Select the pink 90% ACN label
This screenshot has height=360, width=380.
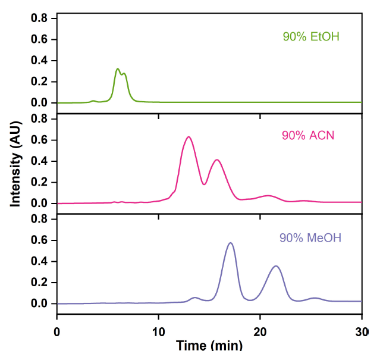(308, 136)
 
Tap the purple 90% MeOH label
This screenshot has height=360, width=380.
(310, 239)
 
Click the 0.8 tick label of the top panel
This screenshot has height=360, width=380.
(39, 18)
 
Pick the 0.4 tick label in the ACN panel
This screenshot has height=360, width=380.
(39, 161)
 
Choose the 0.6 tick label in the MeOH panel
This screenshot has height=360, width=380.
(39, 240)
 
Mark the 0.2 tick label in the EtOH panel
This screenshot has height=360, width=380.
(39, 82)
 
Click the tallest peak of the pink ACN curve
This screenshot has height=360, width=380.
(189, 137)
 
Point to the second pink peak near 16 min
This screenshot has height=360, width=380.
(218, 159)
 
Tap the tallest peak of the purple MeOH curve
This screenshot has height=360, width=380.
(231, 243)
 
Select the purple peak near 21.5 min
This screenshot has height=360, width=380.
(276, 266)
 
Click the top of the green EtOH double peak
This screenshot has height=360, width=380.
(118, 69)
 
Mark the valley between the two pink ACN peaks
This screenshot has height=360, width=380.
(204, 184)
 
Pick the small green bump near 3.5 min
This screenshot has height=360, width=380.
(93, 101)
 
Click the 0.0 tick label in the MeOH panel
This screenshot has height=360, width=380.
(39, 303)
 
